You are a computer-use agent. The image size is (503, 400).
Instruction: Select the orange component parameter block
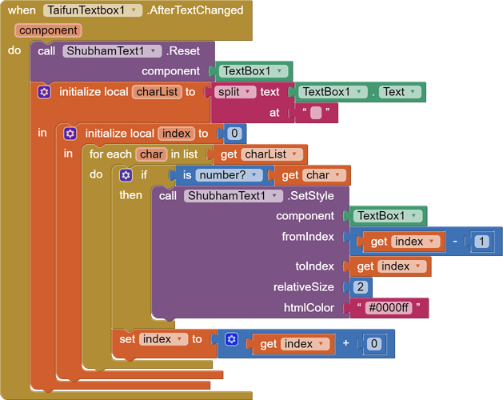[x=48, y=30]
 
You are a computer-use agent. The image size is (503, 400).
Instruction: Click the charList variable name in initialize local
[x=157, y=92]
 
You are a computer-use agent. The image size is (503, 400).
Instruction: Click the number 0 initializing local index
[x=235, y=134]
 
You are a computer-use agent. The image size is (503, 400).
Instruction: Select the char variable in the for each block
[x=150, y=154]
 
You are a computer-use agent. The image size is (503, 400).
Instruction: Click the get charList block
[x=260, y=154]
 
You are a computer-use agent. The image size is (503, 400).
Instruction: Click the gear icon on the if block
[x=126, y=175]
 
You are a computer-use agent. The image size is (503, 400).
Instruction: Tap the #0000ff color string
[x=389, y=307]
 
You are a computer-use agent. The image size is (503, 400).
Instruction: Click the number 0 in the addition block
[x=373, y=344]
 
